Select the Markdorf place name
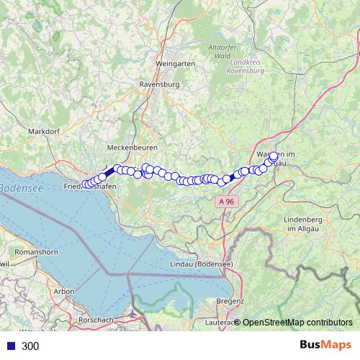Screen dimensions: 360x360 click(43, 131)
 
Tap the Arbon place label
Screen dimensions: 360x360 click(64, 291)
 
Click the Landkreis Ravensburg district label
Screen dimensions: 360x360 click(244, 67)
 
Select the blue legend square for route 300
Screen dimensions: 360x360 click(12, 346)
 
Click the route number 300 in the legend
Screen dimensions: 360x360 click(31, 346)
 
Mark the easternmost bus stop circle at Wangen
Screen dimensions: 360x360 click(274, 156)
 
